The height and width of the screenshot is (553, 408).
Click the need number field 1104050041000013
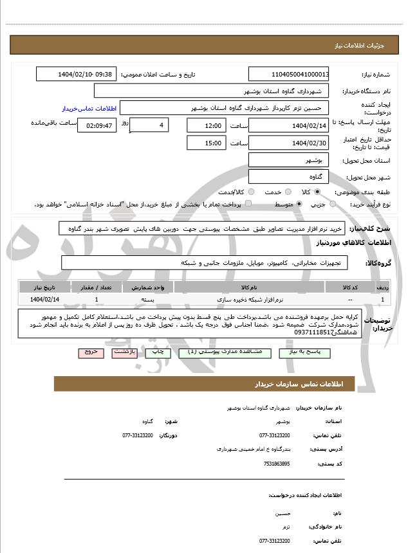pos(289,75)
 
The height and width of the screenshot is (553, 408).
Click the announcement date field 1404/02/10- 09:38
pos(77,75)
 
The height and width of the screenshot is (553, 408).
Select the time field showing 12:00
pos(207,125)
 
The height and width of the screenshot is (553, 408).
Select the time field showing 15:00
pos(207,143)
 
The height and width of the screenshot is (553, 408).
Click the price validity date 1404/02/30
pos(289,143)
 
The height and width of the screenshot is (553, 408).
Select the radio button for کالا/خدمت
pos(251,192)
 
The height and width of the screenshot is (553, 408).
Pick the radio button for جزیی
pos(332,204)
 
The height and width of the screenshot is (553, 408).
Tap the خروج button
pos(89,352)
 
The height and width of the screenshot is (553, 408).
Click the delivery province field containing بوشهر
pos(289,159)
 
